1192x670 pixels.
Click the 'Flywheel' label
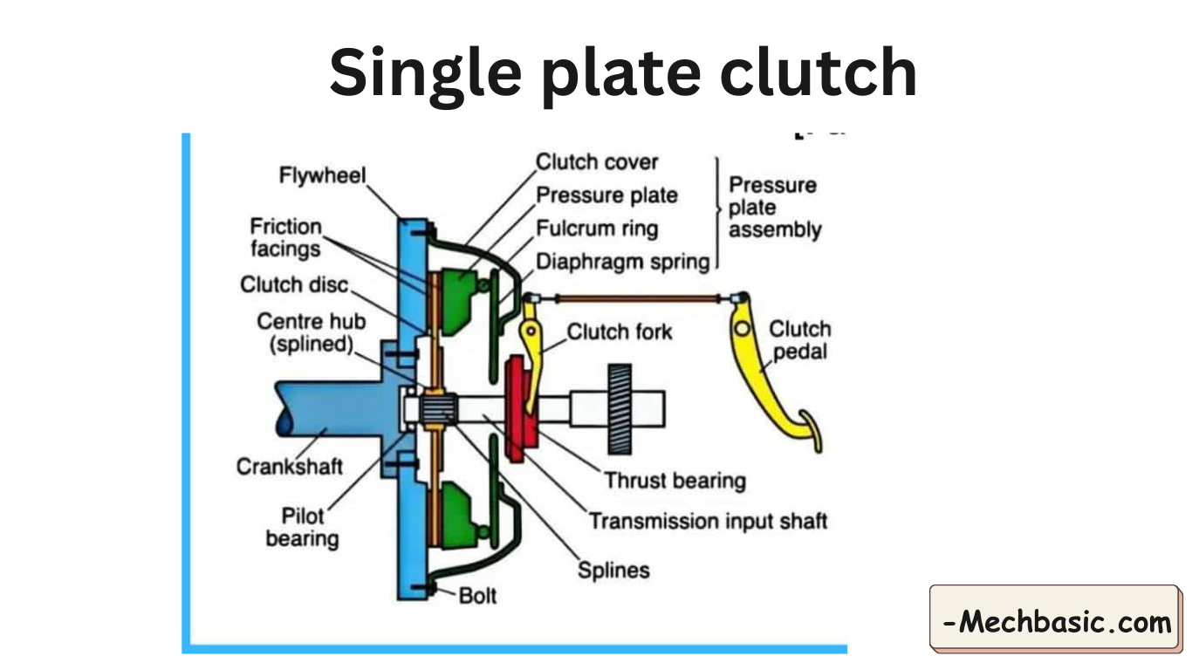click(322, 175)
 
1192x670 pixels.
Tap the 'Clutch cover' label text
click(597, 162)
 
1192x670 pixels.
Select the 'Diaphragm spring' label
click(622, 262)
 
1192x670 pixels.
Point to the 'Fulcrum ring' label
click(597, 229)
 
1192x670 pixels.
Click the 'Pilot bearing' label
click(302, 527)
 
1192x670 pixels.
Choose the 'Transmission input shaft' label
click(708, 522)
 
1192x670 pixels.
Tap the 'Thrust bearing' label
click(675, 481)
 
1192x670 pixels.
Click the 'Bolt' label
click(477, 596)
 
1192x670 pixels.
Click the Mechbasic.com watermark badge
click(1056, 622)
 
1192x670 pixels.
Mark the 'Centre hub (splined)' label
click(311, 332)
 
